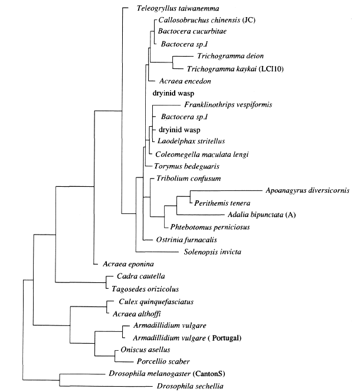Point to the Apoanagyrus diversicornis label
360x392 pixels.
pos(305,190)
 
